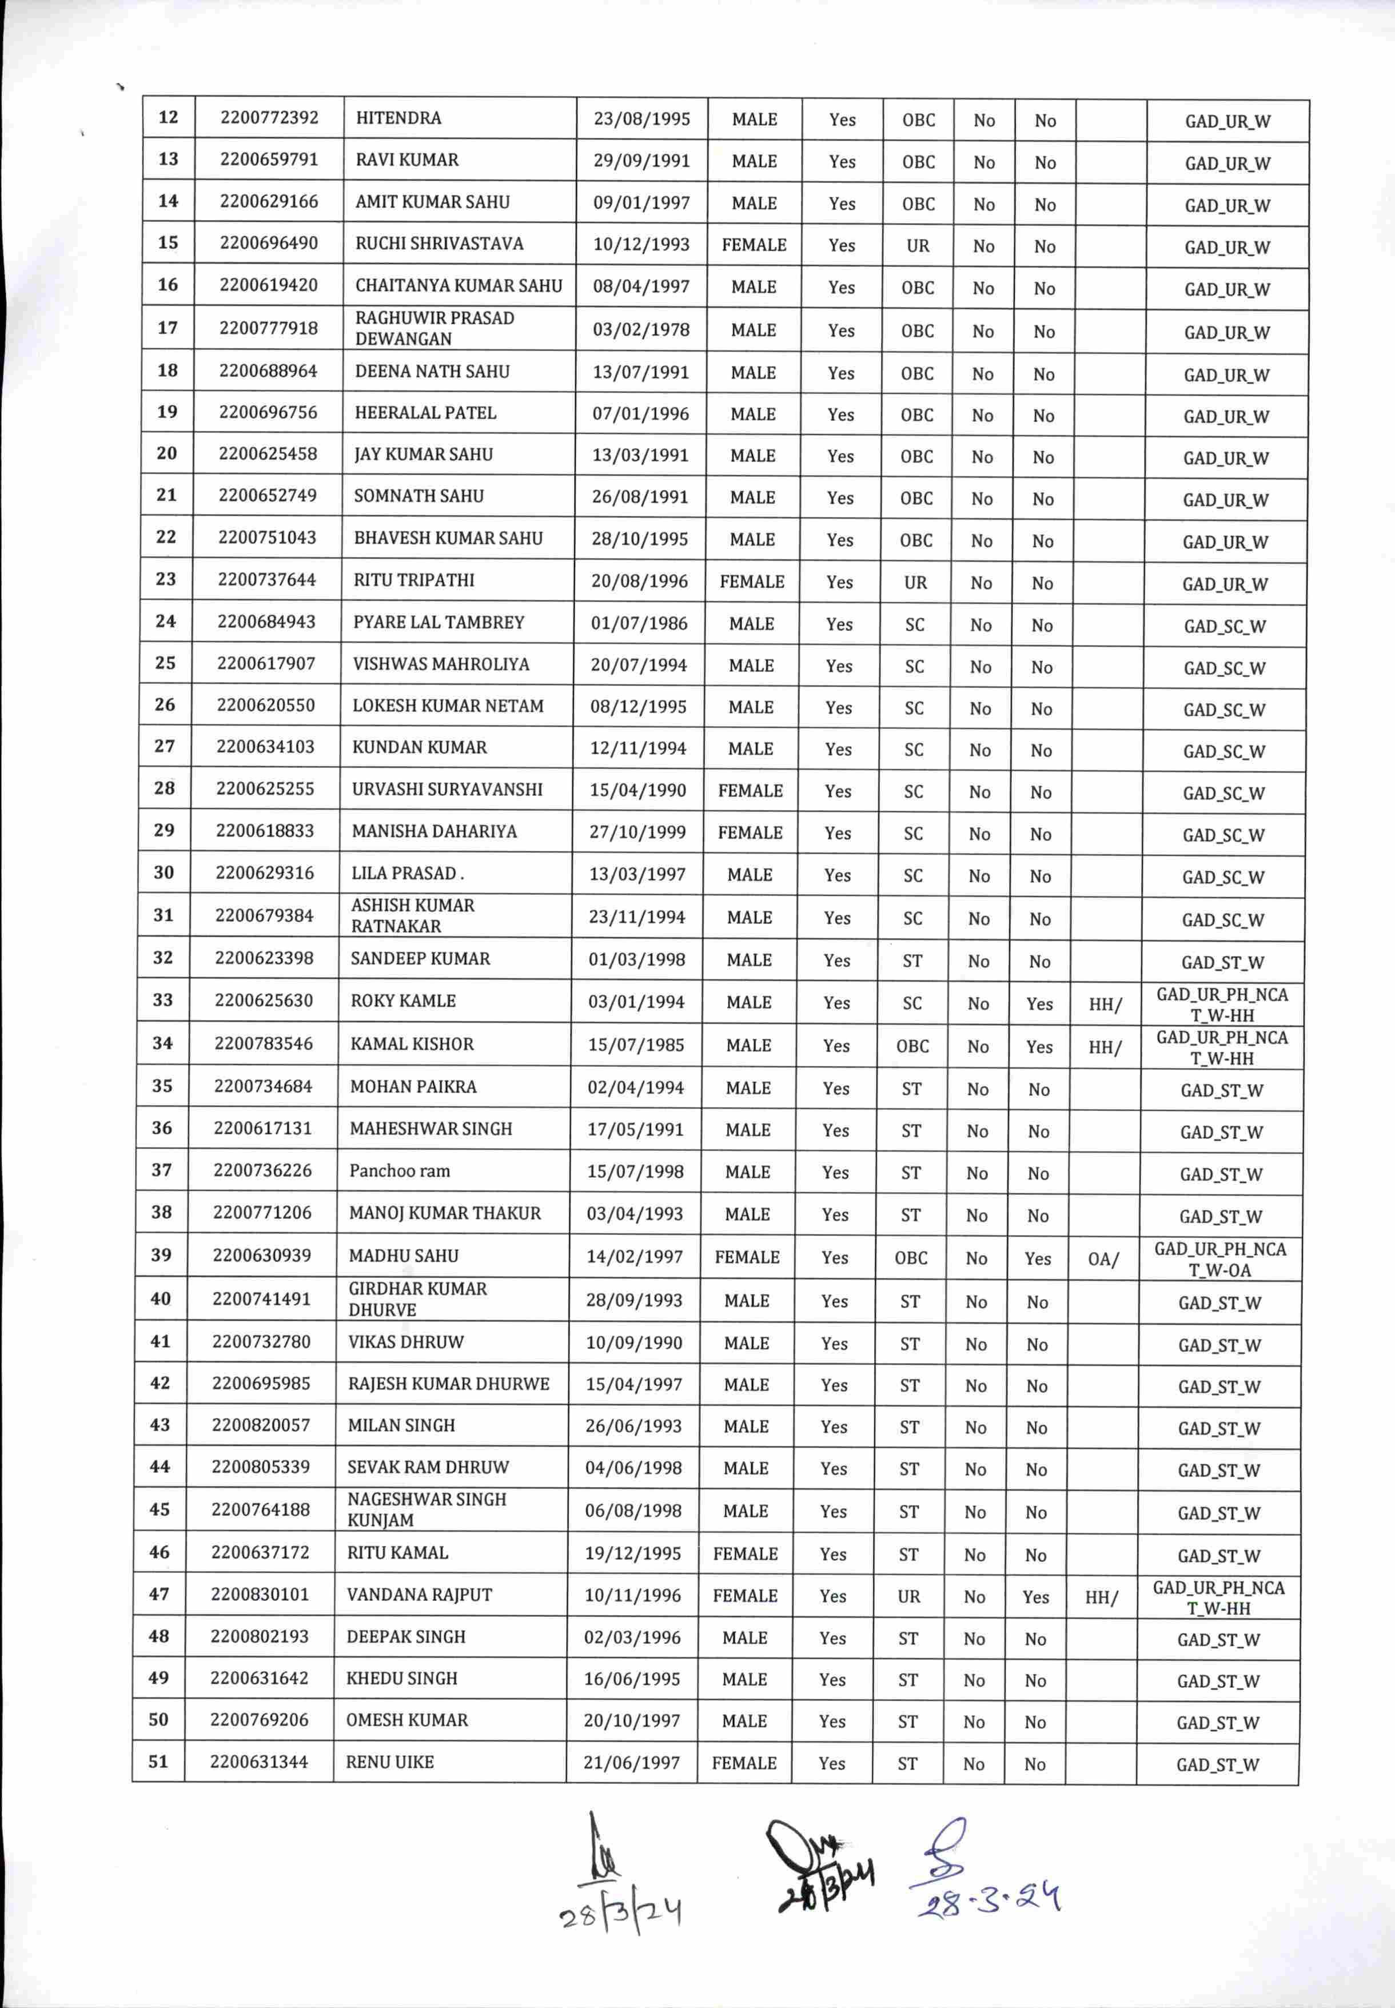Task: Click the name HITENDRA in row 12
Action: (398, 118)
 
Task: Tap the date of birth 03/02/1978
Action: (641, 329)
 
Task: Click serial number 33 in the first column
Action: (162, 999)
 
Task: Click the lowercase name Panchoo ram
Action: (400, 1170)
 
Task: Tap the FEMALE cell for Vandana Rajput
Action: (745, 1595)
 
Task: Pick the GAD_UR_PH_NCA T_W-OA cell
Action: (1219, 1259)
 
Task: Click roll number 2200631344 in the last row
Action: (259, 1762)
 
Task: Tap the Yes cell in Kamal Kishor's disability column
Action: (1039, 1046)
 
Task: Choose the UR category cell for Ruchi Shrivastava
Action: (918, 246)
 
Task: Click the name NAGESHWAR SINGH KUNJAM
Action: (427, 1509)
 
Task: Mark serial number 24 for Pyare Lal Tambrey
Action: (165, 621)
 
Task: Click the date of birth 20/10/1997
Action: (632, 1720)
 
